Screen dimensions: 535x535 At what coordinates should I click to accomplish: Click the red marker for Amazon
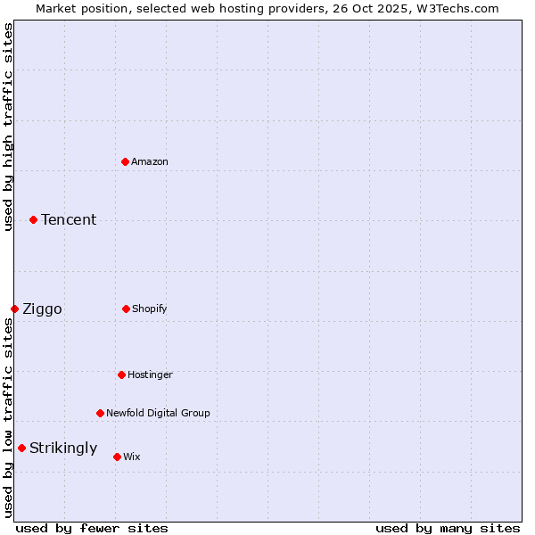click(x=125, y=161)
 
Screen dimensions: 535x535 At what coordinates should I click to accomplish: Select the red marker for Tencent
click(x=33, y=219)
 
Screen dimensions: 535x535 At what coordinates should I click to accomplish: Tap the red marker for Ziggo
click(x=14, y=309)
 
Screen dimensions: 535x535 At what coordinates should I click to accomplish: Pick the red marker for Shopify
click(x=126, y=309)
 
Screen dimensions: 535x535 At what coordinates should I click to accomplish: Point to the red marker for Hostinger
click(x=121, y=374)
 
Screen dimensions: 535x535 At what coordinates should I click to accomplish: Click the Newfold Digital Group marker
click(x=100, y=413)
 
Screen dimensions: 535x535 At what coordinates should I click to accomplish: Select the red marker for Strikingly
click(x=21, y=448)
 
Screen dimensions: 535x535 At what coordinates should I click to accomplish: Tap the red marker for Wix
click(x=117, y=457)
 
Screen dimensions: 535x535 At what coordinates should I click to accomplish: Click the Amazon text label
click(x=150, y=161)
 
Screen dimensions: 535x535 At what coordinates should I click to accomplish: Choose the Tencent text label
click(x=69, y=219)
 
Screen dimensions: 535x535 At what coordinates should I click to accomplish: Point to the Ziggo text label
click(x=42, y=309)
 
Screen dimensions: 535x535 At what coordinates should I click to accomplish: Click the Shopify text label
click(x=150, y=309)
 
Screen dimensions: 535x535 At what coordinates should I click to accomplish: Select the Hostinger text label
click(x=150, y=374)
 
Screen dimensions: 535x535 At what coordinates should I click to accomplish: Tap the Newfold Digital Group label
click(x=158, y=413)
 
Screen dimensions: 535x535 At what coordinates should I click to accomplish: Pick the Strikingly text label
click(x=63, y=449)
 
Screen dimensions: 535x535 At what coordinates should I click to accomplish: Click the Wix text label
click(x=132, y=457)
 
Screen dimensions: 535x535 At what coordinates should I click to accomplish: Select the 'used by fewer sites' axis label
click(x=92, y=528)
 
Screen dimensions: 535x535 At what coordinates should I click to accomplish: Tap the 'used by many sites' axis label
click(x=448, y=528)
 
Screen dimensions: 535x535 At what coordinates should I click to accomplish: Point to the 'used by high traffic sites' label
click(x=8, y=128)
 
